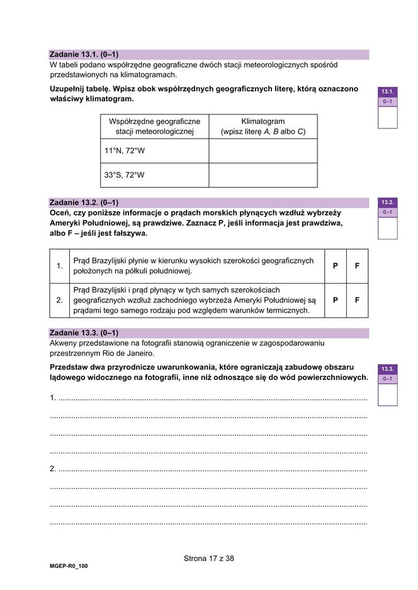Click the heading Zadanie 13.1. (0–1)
[84, 55]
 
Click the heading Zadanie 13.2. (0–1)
[84, 203]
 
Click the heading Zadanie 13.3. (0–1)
[84, 333]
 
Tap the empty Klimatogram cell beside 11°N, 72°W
[263, 151]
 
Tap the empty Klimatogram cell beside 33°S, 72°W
[263, 175]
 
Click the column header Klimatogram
[263, 126]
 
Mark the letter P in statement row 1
[336, 266]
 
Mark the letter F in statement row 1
[357, 266]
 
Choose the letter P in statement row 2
[336, 300]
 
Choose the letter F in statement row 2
[357, 300]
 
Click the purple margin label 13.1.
[387, 92]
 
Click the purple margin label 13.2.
[387, 203]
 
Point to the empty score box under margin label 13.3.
[387, 394]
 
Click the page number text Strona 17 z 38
[209, 558]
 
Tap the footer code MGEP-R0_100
[69, 566]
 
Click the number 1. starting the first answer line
[53, 398]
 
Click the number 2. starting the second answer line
[53, 469]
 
